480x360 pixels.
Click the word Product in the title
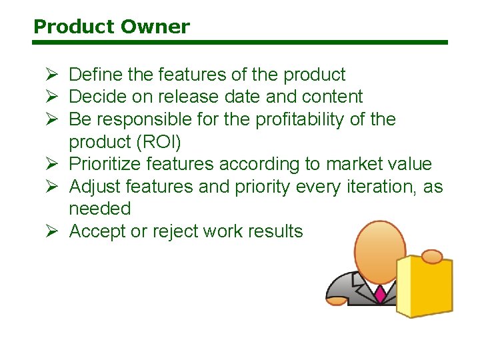(73, 27)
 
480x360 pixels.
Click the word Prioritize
(105, 164)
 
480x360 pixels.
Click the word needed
(100, 209)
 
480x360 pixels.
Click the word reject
(171, 231)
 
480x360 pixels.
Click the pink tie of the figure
(381, 294)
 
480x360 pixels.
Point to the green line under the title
(240, 43)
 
